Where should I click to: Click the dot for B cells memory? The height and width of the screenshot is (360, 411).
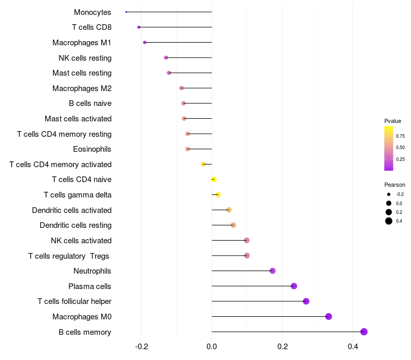coord(364,332)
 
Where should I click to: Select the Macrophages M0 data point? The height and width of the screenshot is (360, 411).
coord(329,316)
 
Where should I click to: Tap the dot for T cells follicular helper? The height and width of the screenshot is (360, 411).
coord(306,301)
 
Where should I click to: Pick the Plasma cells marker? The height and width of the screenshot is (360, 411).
coord(294,286)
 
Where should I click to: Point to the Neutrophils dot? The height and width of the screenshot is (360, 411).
coord(273,271)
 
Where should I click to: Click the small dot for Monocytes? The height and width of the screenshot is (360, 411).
coord(126,12)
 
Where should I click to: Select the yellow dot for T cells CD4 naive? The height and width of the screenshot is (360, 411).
coord(214,179)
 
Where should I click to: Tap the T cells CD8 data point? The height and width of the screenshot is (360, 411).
coord(139,27)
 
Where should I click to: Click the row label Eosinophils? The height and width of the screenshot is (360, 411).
coord(92,149)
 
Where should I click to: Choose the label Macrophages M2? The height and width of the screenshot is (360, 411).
coord(82,88)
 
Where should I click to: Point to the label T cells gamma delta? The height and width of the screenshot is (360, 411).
coord(78,195)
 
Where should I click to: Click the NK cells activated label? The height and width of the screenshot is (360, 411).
coord(81,241)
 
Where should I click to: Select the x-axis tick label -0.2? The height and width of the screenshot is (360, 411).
coord(141,347)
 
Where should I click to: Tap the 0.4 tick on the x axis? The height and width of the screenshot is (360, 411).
coord(353,347)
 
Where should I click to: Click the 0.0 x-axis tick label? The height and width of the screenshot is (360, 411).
coord(212,347)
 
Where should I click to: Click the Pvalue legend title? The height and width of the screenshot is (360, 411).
coord(393,121)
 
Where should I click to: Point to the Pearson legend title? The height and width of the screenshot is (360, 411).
coord(395,185)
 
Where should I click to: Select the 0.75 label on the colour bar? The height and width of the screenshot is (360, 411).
coord(400,136)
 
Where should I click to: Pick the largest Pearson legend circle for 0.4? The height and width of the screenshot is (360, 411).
coord(389,221)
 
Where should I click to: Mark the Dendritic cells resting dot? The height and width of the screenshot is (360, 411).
coord(233,225)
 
